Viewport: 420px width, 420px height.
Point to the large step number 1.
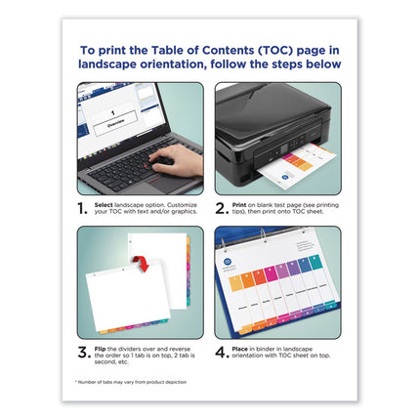pos(85,208)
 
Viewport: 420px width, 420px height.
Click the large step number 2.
pos(223,208)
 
